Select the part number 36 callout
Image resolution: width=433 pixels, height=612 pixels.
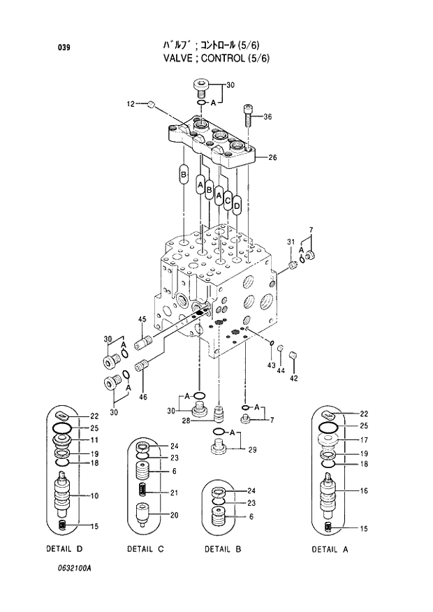pyautogui.click(x=267, y=117)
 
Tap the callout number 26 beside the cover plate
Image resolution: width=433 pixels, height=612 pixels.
pyautogui.click(x=272, y=158)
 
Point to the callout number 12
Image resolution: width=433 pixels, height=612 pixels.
pyautogui.click(x=131, y=105)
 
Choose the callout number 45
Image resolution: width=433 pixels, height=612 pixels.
pyautogui.click(x=142, y=320)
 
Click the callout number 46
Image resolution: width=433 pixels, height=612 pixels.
pyautogui.click(x=142, y=398)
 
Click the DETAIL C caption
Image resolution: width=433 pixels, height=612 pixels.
pyautogui.click(x=145, y=549)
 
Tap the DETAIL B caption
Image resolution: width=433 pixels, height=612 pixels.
pyautogui.click(x=223, y=549)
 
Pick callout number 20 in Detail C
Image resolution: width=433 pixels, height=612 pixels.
pyautogui.click(x=174, y=516)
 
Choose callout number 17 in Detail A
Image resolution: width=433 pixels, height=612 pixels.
pyautogui.click(x=364, y=440)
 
